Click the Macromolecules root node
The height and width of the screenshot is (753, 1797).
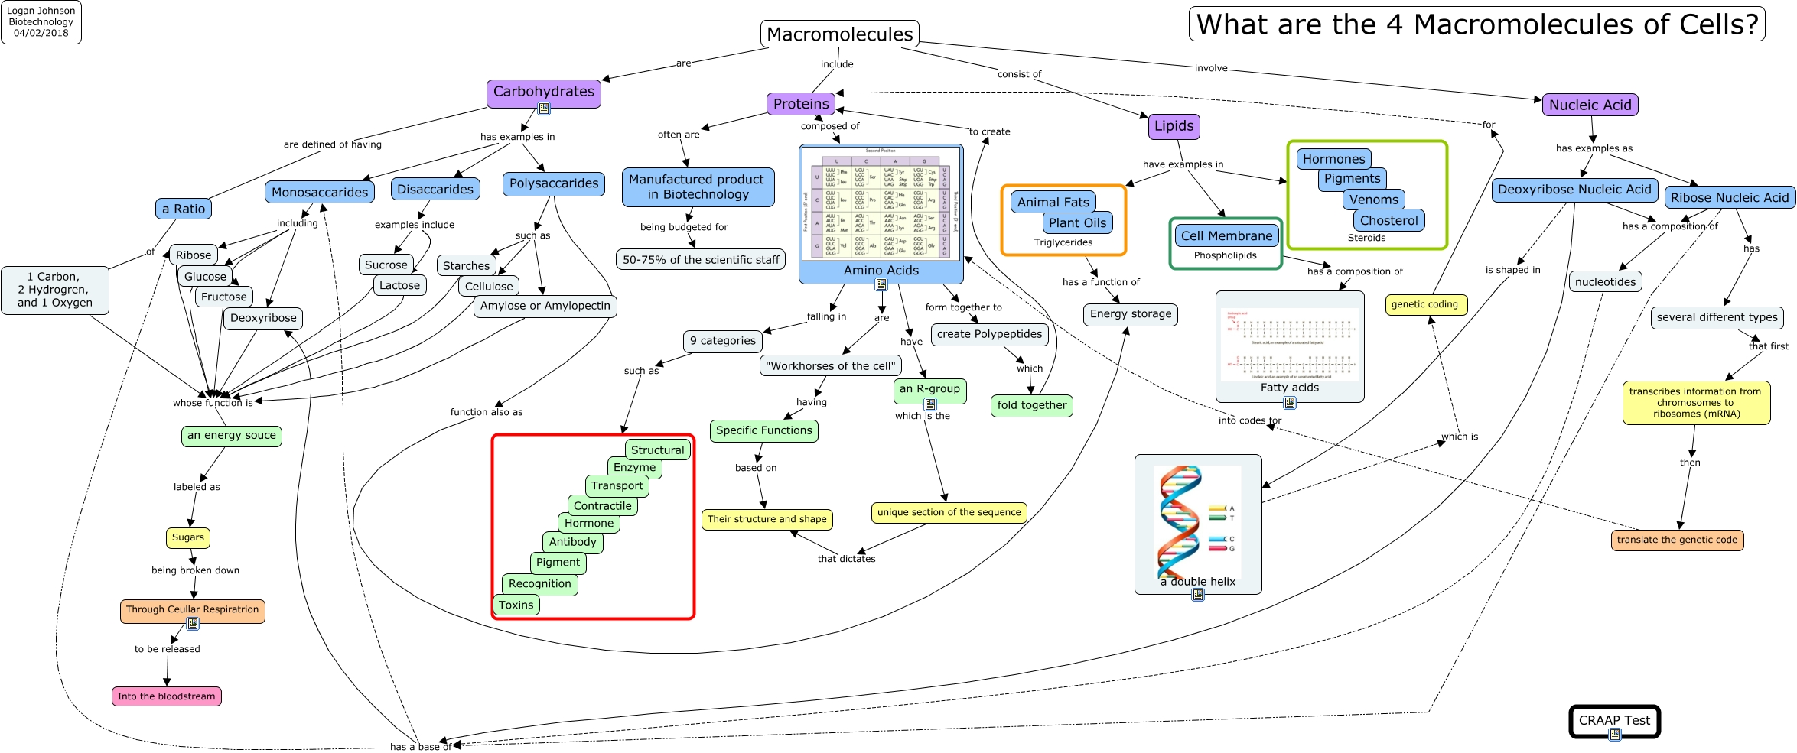(x=839, y=34)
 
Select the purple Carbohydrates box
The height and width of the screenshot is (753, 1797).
(x=543, y=92)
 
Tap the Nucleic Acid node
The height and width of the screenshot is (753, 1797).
(x=1590, y=105)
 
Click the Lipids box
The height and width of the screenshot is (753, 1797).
(x=1174, y=126)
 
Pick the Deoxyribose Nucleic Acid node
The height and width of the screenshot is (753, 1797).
(x=1574, y=190)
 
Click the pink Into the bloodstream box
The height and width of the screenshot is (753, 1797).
(x=166, y=696)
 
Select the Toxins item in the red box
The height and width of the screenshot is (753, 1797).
(x=516, y=605)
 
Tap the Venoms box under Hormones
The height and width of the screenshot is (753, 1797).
(x=1373, y=200)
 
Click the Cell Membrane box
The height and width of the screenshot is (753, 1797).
(x=1226, y=236)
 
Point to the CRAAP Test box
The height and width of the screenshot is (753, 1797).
(x=1614, y=721)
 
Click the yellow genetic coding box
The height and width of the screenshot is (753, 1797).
(x=1424, y=304)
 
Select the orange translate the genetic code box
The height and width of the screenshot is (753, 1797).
(x=1677, y=540)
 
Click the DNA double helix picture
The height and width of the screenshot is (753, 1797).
(x=1197, y=524)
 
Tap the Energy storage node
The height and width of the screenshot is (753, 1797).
(x=1130, y=314)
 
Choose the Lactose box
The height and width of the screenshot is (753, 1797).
(x=399, y=286)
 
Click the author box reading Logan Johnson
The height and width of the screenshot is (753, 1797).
(x=41, y=22)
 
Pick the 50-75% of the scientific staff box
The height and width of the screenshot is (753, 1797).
(x=700, y=260)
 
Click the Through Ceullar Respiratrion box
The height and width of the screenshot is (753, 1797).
(x=192, y=610)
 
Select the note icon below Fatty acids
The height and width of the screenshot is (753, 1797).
(x=1290, y=403)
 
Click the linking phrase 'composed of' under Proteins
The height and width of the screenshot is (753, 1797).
(x=829, y=126)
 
